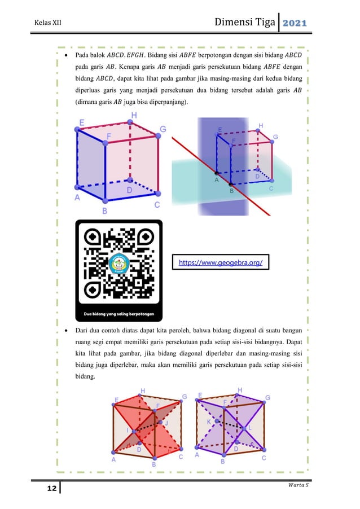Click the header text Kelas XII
[47, 23]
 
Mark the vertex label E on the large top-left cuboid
[82, 122]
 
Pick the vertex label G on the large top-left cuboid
[163, 129]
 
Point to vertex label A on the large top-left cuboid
[78, 198]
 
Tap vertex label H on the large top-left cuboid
[134, 115]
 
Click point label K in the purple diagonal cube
[209, 422]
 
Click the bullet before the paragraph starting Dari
[67, 330]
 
